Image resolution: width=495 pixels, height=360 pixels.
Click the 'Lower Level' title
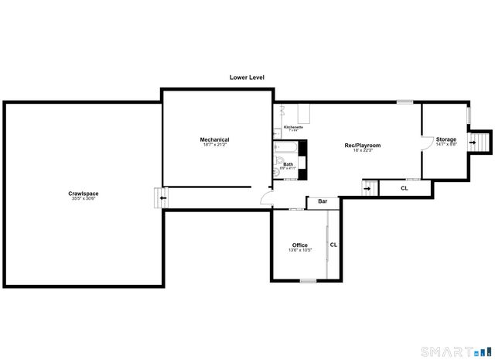pos(247,77)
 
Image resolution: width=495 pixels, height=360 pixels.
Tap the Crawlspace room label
pos(83,193)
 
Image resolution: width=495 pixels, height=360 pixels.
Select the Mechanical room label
pos(215,139)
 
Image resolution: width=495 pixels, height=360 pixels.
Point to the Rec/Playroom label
pos(362,145)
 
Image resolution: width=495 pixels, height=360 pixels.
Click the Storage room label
pos(446,139)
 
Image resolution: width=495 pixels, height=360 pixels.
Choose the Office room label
pos(299,245)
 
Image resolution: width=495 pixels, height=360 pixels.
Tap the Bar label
pos(323,201)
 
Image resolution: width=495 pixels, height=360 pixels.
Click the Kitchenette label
pos(293,126)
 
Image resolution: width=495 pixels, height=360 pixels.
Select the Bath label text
pos(288,164)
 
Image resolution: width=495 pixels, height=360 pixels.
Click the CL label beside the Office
pos(333,245)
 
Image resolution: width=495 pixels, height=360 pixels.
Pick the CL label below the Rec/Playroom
pos(404,188)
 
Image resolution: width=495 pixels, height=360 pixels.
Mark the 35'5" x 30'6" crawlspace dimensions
pos(83,198)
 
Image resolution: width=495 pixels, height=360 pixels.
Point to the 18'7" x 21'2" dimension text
pos(215,145)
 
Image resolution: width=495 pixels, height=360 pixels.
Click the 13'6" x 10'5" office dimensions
pos(299,250)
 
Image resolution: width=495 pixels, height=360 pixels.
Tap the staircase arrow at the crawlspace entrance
pos(162,197)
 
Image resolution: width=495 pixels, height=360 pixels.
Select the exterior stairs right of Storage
pos(482,142)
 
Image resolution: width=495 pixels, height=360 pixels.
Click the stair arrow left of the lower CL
pos(369,187)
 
